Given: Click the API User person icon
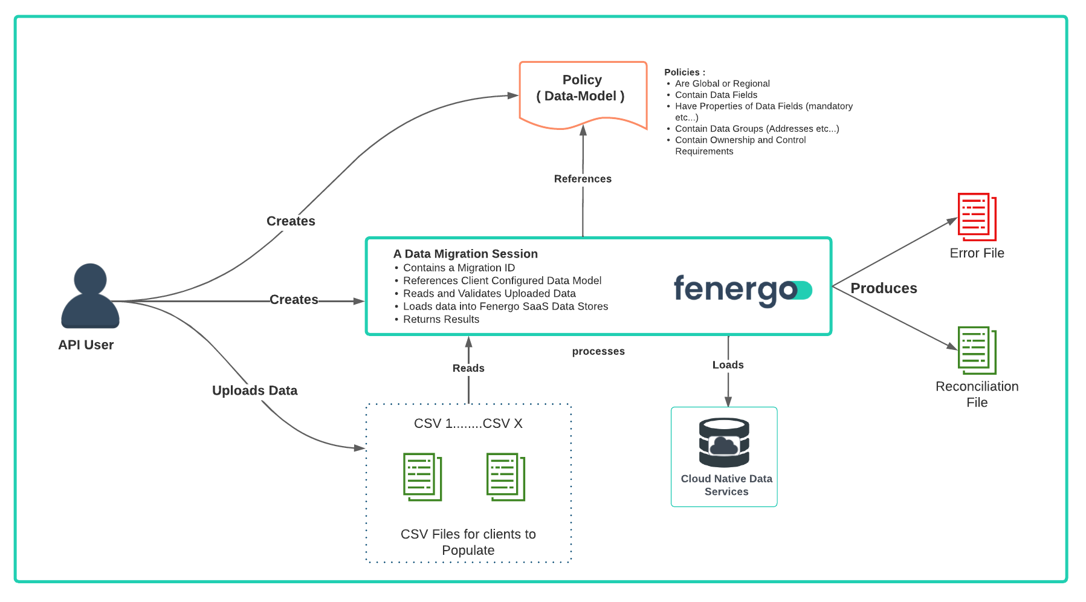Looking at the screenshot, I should (x=90, y=296).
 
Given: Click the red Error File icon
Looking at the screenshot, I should (x=977, y=217).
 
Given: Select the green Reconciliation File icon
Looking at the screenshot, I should (x=977, y=351).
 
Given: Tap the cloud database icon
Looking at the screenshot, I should (x=724, y=442).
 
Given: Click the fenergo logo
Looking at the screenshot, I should (x=742, y=291).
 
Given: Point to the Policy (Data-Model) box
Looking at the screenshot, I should (x=583, y=94).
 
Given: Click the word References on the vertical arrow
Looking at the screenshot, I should (x=583, y=179).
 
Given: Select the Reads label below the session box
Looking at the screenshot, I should (x=468, y=368).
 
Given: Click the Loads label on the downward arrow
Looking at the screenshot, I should (x=728, y=365).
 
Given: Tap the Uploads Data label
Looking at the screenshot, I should (x=254, y=390).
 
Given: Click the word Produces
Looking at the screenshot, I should (x=884, y=288).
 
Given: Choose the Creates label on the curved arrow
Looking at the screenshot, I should (x=291, y=221).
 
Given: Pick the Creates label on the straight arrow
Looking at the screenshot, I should (x=294, y=300).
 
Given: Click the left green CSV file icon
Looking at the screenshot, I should (x=422, y=477).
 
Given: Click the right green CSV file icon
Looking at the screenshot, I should (x=506, y=477).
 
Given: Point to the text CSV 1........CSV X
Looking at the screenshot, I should (x=468, y=424).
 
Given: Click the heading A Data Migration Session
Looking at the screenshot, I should (x=465, y=254).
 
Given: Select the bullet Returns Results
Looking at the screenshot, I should (x=441, y=319).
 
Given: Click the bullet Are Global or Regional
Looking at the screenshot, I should (x=722, y=83).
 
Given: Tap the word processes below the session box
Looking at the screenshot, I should (x=598, y=352).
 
